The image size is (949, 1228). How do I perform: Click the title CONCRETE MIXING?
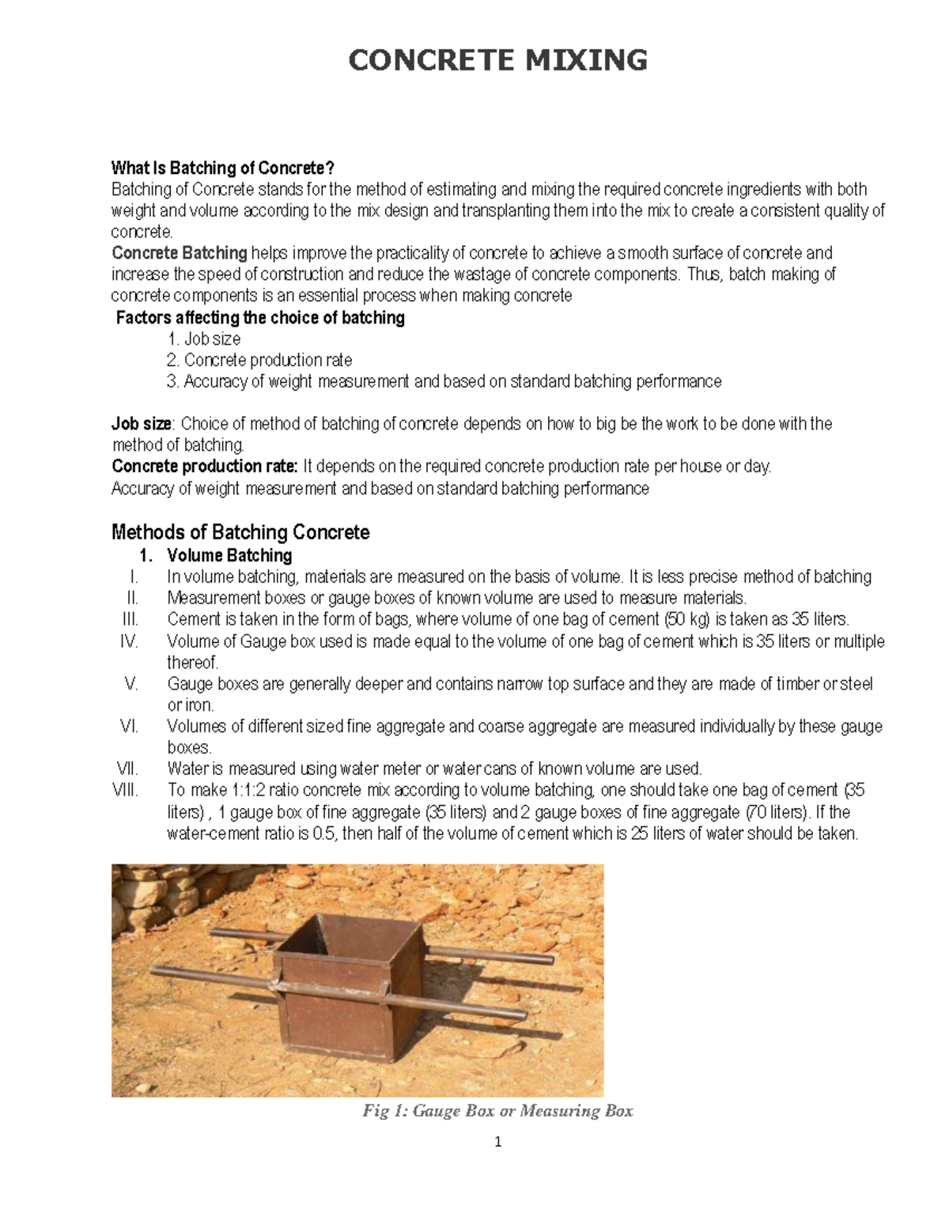[497, 60]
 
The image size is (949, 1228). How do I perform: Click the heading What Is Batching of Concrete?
[223, 168]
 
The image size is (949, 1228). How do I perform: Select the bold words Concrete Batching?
[180, 253]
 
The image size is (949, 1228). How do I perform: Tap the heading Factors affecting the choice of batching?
[260, 318]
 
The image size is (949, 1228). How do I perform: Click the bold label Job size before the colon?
[142, 424]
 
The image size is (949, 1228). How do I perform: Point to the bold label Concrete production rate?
[205, 467]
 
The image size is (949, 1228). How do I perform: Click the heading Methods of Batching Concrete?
[240, 532]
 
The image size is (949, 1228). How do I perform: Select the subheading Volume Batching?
[229, 555]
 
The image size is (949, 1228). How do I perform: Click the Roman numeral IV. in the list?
[129, 641]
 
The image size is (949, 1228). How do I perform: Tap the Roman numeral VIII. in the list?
[125, 790]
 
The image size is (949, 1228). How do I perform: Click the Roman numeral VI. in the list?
[129, 726]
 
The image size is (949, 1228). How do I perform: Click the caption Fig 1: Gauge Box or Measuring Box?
[497, 1111]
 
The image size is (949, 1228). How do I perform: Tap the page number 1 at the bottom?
[497, 1142]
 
